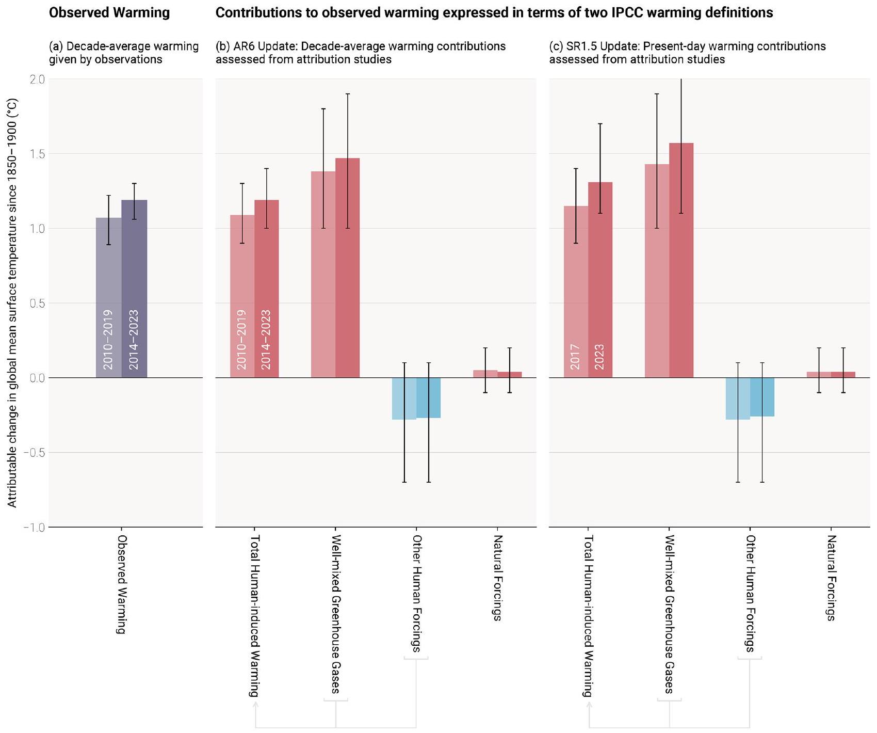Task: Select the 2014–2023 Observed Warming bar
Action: [x=134, y=289]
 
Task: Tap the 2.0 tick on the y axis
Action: [x=38, y=79]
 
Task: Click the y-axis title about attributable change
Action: [x=12, y=303]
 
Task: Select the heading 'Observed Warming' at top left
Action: [x=109, y=13]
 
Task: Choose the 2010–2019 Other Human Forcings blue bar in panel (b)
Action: [x=404, y=399]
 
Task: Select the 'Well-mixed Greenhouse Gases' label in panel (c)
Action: [x=669, y=614]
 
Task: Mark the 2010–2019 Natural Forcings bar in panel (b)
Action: [x=485, y=374]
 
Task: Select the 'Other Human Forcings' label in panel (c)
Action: [x=750, y=593]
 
